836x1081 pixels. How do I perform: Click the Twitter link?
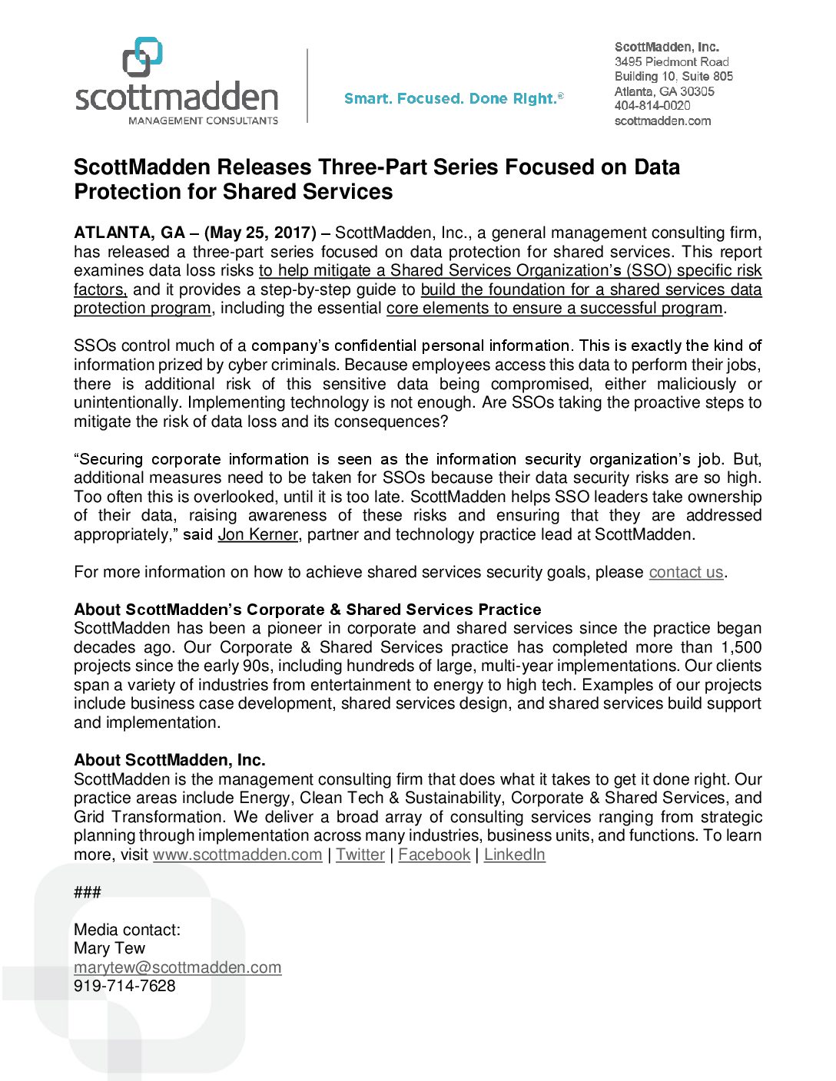pos(360,855)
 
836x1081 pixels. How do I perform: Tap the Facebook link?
pos(434,855)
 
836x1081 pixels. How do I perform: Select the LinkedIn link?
pos(514,855)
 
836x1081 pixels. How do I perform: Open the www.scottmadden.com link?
pos(237,855)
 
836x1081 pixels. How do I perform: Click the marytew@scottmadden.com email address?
pos(177,967)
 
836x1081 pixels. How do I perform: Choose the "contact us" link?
pos(686,572)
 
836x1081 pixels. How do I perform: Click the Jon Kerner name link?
pos(257,534)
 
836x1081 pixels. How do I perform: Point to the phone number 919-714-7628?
pos(124,986)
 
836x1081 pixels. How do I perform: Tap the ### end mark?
pos(88,892)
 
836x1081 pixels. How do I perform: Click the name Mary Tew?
pos(109,948)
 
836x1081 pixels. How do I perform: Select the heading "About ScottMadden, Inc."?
pos(170,760)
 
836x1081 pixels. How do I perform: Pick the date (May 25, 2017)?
pos(260,233)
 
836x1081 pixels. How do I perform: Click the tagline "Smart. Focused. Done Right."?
pos(453,98)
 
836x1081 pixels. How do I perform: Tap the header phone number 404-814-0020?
pos(652,106)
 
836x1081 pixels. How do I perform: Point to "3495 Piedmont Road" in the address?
pos(672,61)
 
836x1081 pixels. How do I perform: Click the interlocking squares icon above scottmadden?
pos(143,57)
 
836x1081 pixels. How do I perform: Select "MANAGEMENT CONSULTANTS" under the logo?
pos(203,121)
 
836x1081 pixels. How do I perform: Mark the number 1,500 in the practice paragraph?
pos(741,647)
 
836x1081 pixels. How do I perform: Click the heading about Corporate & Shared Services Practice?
pos(307,610)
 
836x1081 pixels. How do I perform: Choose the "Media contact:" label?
pos(127,930)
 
